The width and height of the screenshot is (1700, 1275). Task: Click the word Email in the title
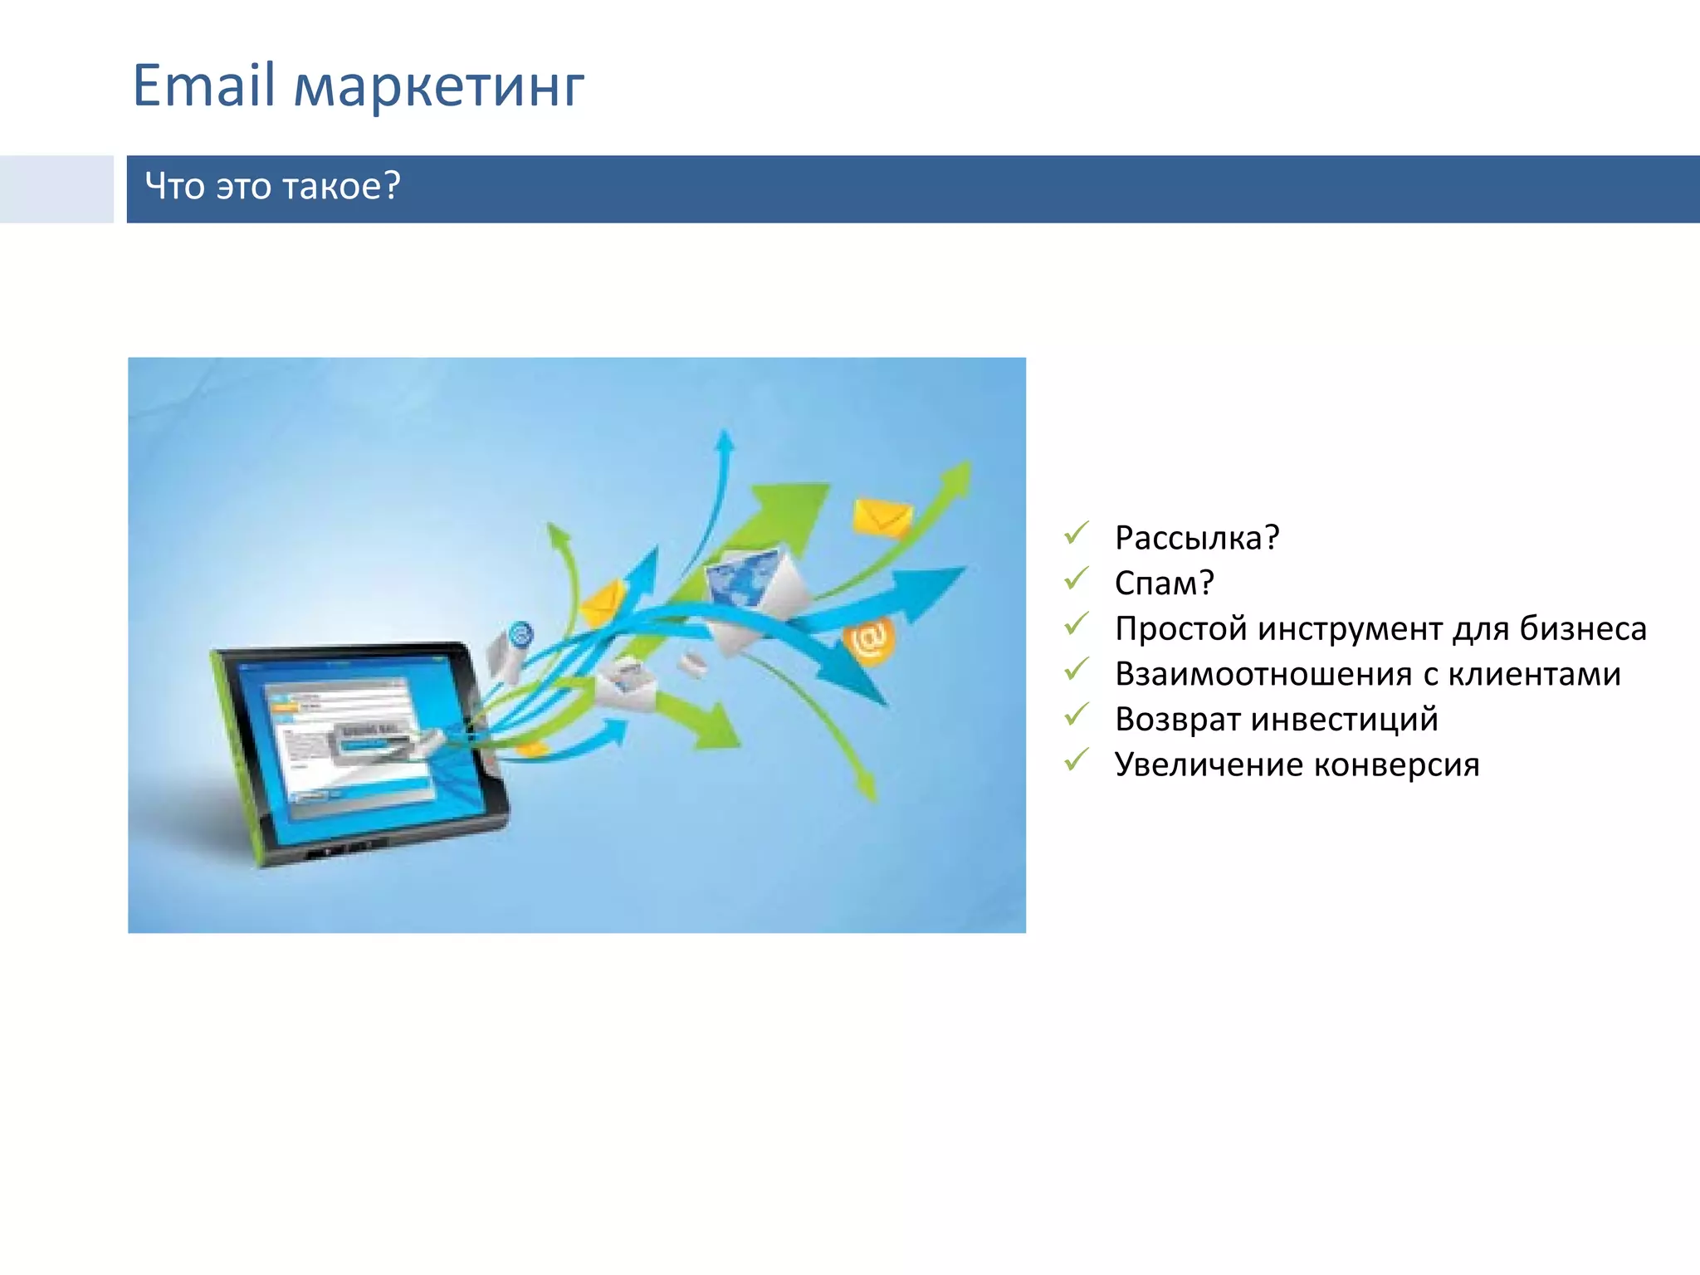click(203, 85)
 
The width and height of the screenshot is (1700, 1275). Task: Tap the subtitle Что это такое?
click(272, 186)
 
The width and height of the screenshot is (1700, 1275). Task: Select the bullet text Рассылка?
click(1196, 538)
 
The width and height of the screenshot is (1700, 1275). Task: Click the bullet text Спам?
click(1164, 583)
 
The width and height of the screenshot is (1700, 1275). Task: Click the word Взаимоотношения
click(1263, 674)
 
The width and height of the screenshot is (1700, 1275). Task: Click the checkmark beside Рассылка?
click(1076, 534)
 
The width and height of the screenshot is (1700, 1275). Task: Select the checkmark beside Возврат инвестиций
click(1076, 715)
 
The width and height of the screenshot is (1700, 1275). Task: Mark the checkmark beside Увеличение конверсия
click(1076, 760)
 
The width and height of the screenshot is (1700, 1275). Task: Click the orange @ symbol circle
click(868, 641)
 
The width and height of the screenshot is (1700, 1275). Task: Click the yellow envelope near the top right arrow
click(882, 518)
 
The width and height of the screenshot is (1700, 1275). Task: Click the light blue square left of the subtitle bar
click(56, 188)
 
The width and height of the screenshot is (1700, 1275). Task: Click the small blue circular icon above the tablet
click(520, 635)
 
